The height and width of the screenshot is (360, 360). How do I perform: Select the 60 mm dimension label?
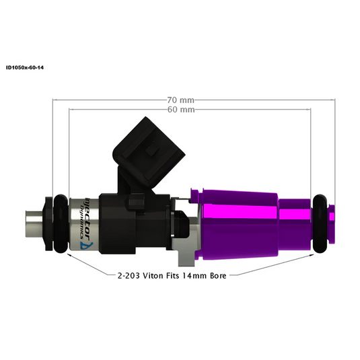pyautogui.click(x=181, y=109)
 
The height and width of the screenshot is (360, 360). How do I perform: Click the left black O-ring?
pyautogui.click(x=59, y=223)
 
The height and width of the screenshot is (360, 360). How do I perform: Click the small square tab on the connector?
pyautogui.click(x=152, y=149)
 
